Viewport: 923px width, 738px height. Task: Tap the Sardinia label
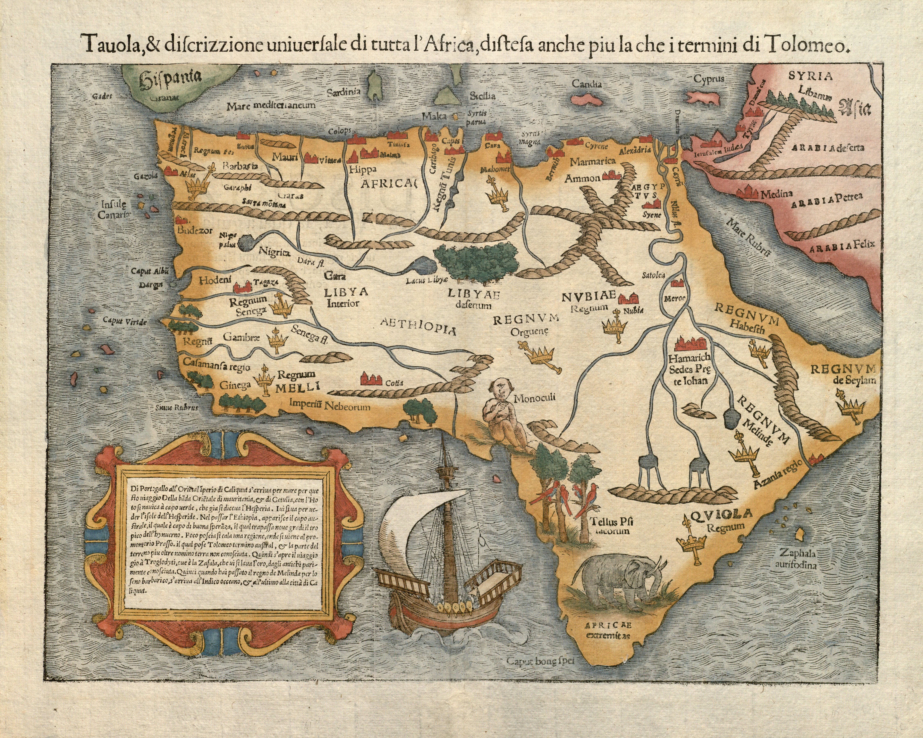[x=344, y=92]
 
